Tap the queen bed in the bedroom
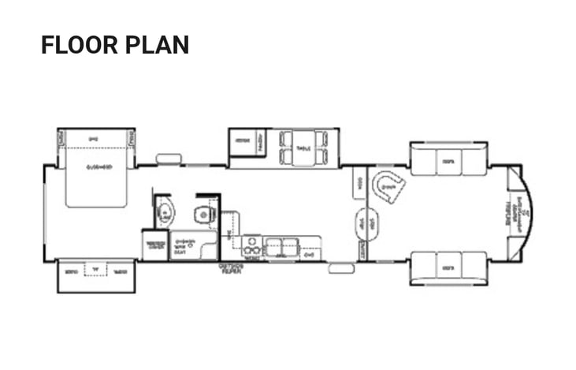point(96,176)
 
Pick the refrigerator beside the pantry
point(243,142)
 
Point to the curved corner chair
point(388,187)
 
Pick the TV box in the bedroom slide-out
point(95,270)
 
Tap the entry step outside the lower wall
point(341,268)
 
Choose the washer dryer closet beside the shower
point(154,245)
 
